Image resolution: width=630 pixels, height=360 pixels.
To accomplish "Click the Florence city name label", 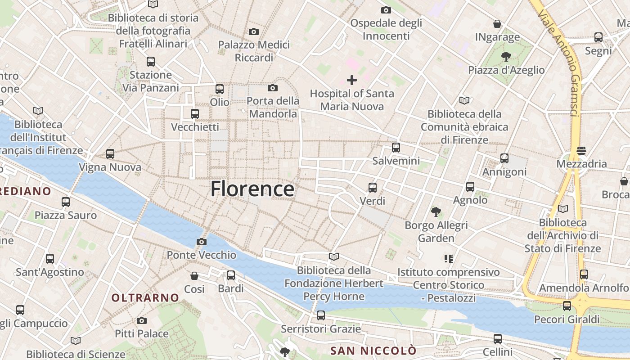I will pos(252,189).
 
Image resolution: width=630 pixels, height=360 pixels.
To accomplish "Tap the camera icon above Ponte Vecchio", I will pos(202,242).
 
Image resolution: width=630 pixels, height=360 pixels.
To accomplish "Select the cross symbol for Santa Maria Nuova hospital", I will pos(352,81).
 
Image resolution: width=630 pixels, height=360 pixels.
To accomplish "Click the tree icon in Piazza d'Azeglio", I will pos(506,57).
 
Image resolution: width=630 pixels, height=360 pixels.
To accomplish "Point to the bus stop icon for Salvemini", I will pos(396,148).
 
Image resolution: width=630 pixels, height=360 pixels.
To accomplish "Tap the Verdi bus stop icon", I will pos(373,188).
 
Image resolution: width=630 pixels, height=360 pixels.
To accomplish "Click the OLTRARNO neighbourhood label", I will pos(145,297).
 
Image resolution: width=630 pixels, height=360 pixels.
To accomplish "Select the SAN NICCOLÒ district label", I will pos(373,351).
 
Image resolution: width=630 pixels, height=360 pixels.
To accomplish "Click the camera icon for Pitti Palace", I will pos(142,321).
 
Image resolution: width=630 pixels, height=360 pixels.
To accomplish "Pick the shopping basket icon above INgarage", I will pos(497,24).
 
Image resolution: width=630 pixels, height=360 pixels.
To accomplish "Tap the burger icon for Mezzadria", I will pos(581,151).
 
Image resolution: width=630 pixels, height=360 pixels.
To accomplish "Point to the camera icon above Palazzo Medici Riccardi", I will pos(254,31).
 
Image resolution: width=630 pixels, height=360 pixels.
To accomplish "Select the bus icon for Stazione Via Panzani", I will pos(151,62).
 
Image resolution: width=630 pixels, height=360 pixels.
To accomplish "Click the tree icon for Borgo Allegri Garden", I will pos(436,211).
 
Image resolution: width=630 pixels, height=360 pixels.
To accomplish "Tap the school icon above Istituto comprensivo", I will pos(448,259).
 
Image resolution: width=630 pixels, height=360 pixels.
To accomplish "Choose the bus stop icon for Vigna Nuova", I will pos(110,154).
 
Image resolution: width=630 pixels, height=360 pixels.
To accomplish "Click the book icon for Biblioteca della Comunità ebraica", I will pos(464,101).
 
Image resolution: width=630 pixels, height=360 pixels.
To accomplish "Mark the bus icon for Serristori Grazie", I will pos(321,315).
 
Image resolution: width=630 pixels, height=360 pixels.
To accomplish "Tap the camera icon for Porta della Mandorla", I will pos(273,88).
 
